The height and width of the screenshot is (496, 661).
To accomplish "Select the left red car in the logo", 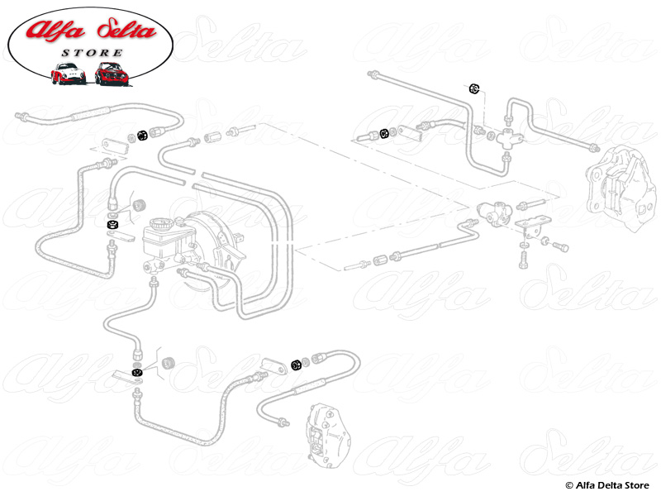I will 68,74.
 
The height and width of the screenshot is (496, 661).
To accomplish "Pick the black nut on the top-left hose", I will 141,135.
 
